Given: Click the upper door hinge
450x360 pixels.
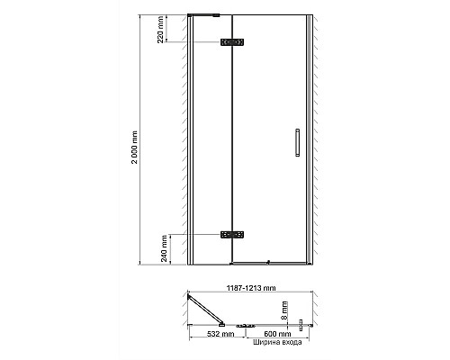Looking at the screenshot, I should click(233, 42).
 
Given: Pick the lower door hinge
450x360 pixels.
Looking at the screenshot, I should click(233, 234).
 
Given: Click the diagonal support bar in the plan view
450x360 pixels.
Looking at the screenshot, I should click(205, 306).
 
